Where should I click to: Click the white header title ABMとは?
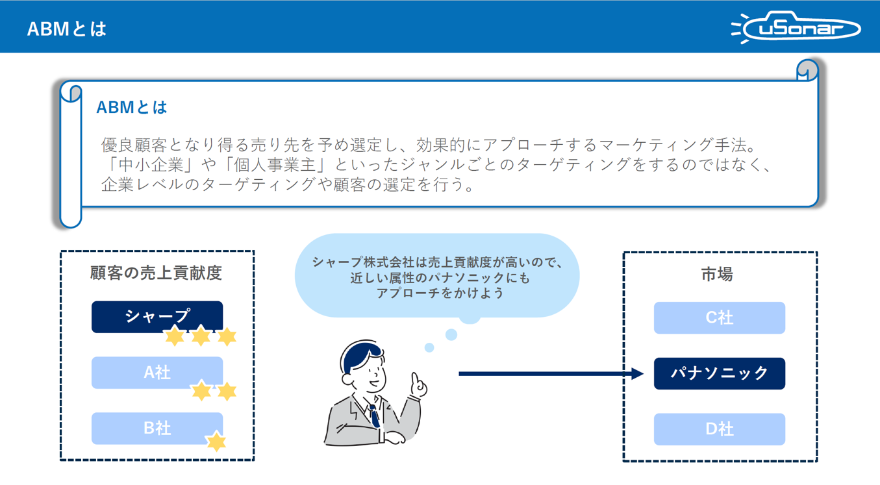(x=67, y=29)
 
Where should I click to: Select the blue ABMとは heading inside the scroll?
(x=131, y=107)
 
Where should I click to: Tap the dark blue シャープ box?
(x=157, y=316)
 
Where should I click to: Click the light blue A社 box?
(x=157, y=373)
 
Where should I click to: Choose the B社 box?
(x=157, y=429)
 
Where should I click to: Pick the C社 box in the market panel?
(x=719, y=317)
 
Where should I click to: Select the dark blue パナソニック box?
(x=719, y=373)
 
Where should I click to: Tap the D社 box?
(x=719, y=429)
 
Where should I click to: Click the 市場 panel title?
(x=717, y=275)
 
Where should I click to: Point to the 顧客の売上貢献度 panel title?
(x=156, y=273)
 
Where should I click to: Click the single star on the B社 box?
(x=216, y=441)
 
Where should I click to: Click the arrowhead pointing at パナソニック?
(x=637, y=373)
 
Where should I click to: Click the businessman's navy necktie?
(x=374, y=416)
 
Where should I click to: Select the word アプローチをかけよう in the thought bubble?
(x=440, y=293)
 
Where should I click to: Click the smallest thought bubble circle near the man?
(x=429, y=348)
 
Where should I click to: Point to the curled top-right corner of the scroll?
(x=807, y=69)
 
